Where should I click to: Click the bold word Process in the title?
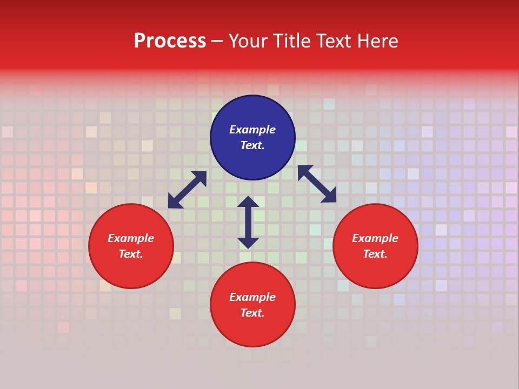point(170,41)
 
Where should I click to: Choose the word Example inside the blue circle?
point(252,130)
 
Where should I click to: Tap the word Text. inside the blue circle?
point(252,145)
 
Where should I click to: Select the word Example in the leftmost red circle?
point(131,238)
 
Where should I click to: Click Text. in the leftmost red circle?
point(131,254)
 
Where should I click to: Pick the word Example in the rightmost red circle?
point(375,238)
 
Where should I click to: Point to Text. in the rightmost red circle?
point(375,254)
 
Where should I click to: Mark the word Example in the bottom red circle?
point(252,297)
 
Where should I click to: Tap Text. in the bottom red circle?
point(252,313)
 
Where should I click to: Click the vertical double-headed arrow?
point(248,222)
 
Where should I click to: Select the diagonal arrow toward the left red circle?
point(187,190)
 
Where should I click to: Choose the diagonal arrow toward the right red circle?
point(317,184)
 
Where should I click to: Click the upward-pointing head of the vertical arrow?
point(248,202)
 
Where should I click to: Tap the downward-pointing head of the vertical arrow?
point(248,243)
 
